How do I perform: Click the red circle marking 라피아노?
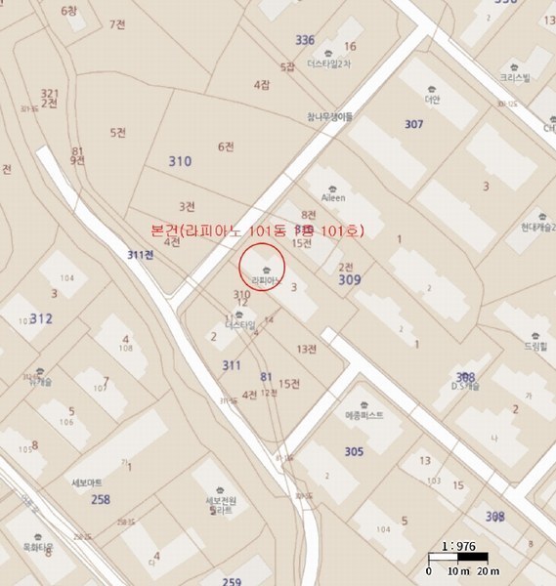coord(262,266)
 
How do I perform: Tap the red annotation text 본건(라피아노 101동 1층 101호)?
coord(257,230)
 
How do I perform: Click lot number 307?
coord(413,124)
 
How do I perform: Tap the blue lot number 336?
coord(305,40)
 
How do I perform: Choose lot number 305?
coord(354,451)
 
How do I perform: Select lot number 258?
coord(100,499)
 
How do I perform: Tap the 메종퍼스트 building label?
coord(364,415)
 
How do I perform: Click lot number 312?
coord(41,318)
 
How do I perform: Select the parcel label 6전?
coord(226,146)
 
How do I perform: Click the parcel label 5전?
coord(118,132)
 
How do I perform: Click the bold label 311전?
coord(141,255)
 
